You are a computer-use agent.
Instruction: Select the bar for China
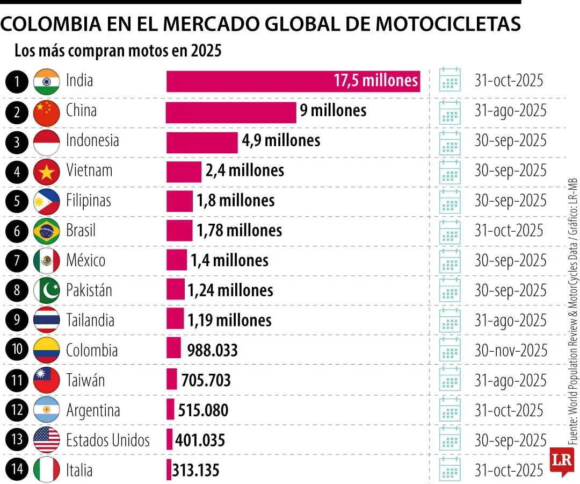(x=231, y=112)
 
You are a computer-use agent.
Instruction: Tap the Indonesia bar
(x=202, y=142)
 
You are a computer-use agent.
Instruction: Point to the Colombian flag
(x=47, y=351)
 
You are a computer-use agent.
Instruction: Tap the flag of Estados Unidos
(x=47, y=440)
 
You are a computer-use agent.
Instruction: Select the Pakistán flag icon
(x=47, y=291)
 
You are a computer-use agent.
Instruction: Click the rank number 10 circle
(x=18, y=351)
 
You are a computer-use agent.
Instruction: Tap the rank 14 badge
(x=18, y=470)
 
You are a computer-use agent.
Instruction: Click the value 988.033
(x=212, y=351)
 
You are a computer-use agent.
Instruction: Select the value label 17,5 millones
(x=375, y=81)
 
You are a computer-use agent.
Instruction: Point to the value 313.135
(x=195, y=471)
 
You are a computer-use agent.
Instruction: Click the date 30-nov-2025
(x=510, y=351)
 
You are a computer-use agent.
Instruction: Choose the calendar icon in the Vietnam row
(x=450, y=172)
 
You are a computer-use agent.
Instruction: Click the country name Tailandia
(x=90, y=321)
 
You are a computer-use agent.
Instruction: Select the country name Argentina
(x=93, y=411)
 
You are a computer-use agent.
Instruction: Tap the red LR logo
(x=562, y=461)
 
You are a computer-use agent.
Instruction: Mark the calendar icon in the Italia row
(x=450, y=470)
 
